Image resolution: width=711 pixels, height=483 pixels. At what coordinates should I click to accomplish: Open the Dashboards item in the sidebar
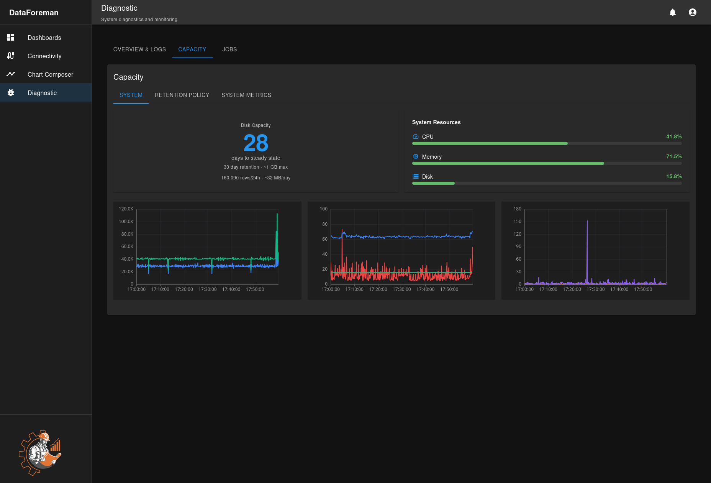44,38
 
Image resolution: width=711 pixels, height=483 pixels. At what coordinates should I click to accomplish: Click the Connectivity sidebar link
44,56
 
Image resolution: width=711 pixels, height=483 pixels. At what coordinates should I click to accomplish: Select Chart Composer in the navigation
50,74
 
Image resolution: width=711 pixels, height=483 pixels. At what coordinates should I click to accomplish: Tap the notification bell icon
673,12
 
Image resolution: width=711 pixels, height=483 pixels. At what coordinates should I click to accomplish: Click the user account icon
693,12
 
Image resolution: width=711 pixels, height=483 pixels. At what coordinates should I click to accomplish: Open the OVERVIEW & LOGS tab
139,49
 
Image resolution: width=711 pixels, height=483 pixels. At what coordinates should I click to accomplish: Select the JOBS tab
229,49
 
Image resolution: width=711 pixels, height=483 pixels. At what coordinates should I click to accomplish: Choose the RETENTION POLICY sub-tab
182,95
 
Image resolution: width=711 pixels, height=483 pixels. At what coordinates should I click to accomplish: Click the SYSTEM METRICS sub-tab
246,95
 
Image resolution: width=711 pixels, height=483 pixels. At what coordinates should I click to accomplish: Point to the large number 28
256,143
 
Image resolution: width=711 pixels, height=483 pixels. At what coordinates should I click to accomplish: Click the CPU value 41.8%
674,136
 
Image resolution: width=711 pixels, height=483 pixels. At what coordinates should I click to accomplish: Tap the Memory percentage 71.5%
674,156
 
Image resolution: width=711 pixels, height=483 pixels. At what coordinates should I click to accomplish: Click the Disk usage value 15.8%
674,176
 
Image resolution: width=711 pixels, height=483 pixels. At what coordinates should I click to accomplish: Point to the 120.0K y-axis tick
126,209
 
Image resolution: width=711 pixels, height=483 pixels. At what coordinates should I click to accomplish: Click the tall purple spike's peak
587,221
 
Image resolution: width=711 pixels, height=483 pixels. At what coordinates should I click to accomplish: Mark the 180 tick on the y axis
518,209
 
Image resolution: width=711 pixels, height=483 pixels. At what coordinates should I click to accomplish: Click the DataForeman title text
34,13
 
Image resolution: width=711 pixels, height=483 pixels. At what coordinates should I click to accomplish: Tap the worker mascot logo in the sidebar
40,453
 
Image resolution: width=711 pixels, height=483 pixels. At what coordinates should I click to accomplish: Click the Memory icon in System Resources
416,156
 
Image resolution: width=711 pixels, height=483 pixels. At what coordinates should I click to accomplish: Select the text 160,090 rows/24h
240,178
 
